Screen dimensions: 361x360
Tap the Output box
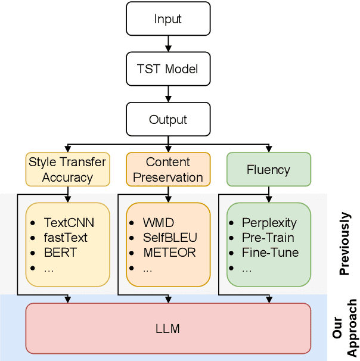pyautogui.click(x=168, y=119)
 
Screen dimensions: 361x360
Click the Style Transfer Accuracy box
pyautogui.click(x=67, y=169)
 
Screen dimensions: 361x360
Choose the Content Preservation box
pyautogui.click(x=168, y=169)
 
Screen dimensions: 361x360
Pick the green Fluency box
pyautogui.click(x=268, y=170)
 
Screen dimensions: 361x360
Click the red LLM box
pyautogui.click(x=168, y=328)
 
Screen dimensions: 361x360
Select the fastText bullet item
pyautogui.click(x=66, y=238)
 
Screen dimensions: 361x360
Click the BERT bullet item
pyautogui.click(x=60, y=252)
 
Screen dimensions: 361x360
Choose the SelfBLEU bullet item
pyautogui.click(x=169, y=238)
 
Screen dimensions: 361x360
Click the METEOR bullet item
pyautogui.click(x=169, y=252)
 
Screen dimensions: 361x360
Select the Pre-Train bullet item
pyautogui.click(x=268, y=238)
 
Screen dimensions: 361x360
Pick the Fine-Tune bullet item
pyautogui.click(x=270, y=252)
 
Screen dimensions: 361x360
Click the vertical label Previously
pyautogui.click(x=345, y=244)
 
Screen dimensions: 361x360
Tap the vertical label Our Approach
pyautogui.click(x=345, y=328)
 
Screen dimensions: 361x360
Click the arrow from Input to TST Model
pyautogui.click(x=168, y=43)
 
